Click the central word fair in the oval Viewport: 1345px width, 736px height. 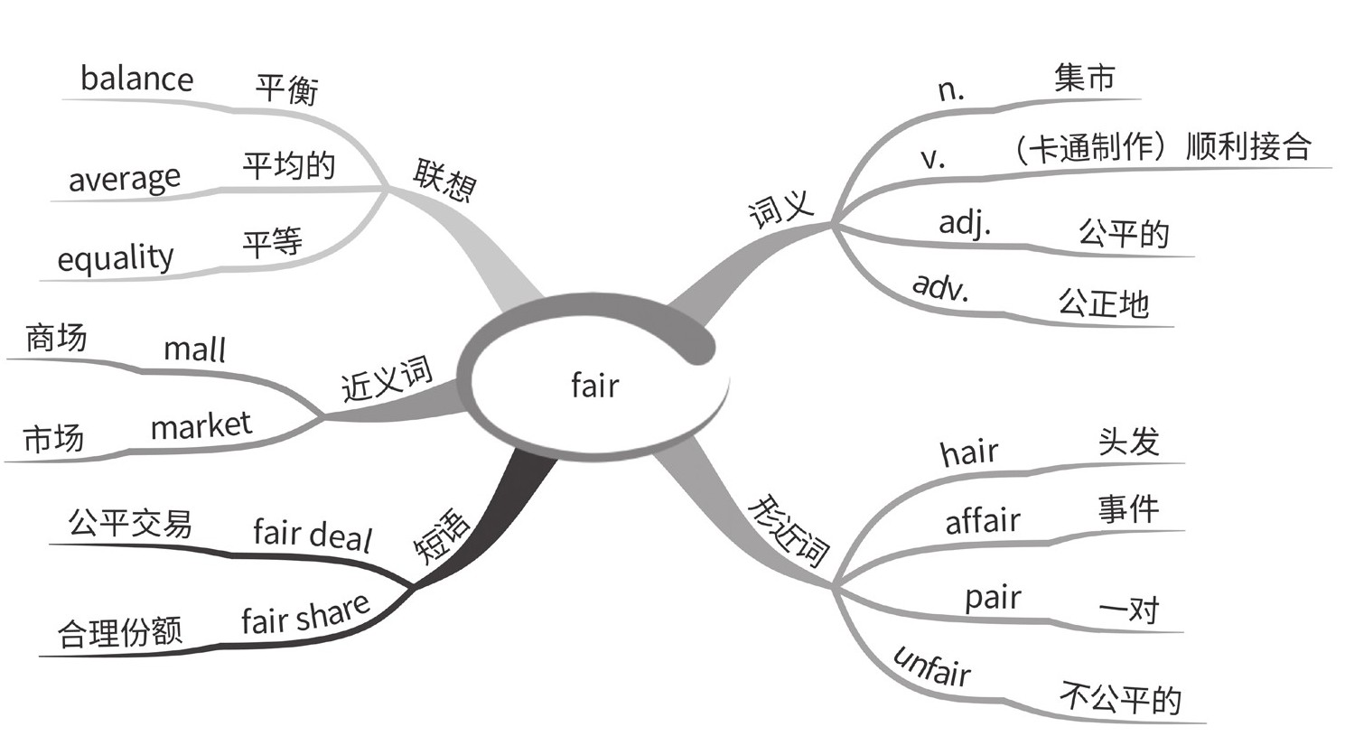point(595,386)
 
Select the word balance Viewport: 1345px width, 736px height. point(136,79)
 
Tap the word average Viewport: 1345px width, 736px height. point(125,178)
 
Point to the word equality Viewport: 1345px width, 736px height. point(115,258)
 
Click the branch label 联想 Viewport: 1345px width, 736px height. point(444,180)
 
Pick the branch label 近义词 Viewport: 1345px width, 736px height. point(387,377)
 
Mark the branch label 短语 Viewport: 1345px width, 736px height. point(442,536)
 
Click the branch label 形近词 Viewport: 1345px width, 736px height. point(788,530)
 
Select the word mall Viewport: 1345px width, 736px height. point(194,349)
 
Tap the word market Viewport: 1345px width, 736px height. point(201,424)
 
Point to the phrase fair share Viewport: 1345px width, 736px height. point(305,615)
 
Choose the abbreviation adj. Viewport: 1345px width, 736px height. point(965,222)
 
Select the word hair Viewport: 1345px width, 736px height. point(969,451)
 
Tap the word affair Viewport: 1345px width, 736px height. point(983,520)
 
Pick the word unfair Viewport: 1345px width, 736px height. point(932,667)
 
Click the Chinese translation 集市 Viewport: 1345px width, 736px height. point(1084,78)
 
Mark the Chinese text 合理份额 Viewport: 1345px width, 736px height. point(120,631)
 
